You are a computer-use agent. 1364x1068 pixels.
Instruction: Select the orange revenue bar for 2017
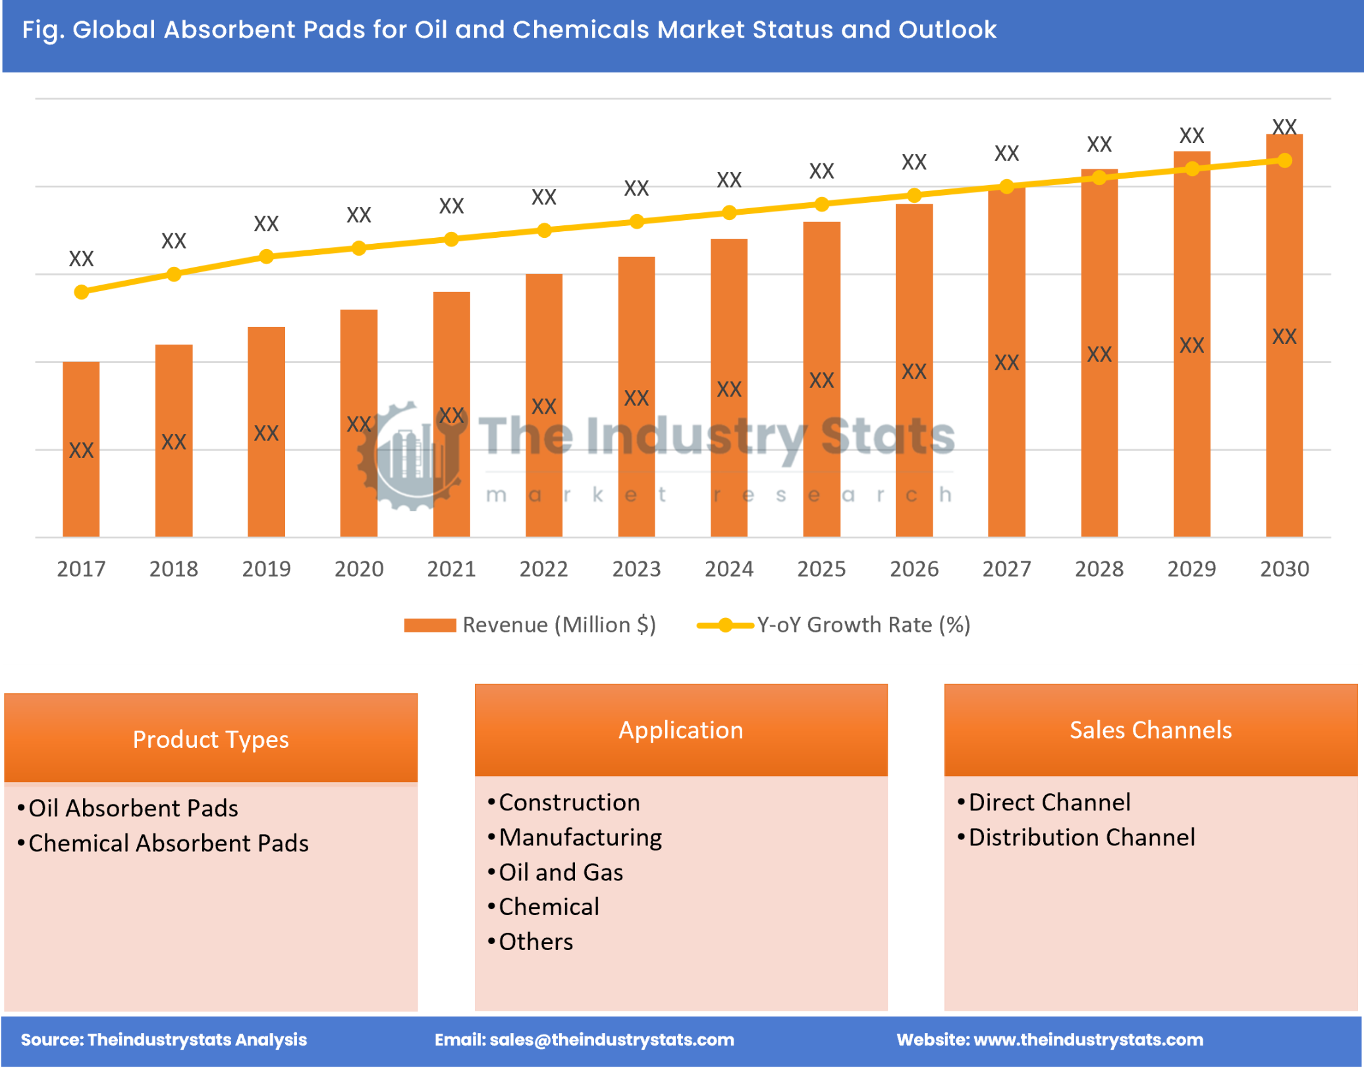coord(81,449)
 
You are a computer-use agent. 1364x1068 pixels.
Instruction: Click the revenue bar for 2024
coord(728,389)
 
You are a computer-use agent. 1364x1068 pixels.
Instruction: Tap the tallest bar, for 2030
coord(1284,336)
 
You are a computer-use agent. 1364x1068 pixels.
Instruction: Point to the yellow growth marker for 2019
coord(266,256)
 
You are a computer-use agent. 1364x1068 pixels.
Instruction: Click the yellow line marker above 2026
coord(914,196)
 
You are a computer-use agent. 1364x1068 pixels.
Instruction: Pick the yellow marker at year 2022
coord(544,231)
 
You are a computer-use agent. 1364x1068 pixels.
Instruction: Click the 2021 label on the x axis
coord(451,569)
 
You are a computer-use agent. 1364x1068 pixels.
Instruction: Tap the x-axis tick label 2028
coord(1099,569)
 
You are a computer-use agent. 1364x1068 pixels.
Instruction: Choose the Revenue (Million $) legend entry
coord(530,625)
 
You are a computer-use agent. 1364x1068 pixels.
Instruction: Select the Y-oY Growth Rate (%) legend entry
coord(834,625)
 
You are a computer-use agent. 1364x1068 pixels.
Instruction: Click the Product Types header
coord(211,739)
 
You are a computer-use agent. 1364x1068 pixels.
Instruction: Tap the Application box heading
coord(681,730)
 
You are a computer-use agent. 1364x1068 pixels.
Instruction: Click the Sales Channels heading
coord(1150,730)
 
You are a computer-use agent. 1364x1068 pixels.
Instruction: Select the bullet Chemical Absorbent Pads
coord(168,843)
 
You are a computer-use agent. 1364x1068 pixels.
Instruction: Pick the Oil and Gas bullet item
coord(560,872)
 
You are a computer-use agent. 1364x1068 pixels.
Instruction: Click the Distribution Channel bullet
coord(1081,837)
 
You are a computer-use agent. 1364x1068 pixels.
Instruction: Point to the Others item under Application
coord(535,942)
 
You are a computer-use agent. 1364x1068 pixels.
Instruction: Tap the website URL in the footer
coord(1088,1040)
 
